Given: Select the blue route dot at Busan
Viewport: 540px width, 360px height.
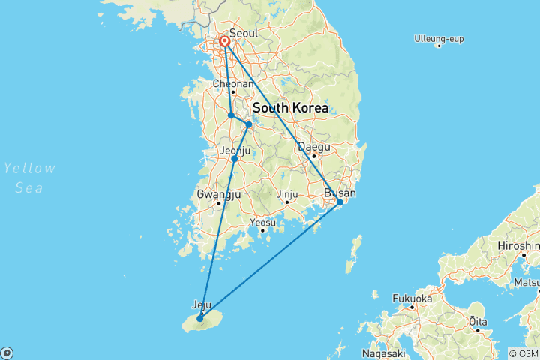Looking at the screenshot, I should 340,202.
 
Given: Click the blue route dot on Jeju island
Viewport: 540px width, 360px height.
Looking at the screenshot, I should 200,319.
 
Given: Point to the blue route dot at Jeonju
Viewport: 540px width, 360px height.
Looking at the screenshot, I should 235,159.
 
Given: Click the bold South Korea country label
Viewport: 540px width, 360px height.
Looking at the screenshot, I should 290,108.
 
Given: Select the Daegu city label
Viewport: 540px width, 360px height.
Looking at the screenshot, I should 313,147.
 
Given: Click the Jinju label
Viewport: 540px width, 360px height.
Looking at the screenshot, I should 287,195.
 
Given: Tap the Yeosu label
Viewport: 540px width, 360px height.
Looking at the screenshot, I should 262,223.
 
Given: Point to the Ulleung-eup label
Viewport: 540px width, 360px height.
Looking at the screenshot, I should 439,37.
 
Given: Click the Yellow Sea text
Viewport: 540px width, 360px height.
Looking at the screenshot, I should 29,178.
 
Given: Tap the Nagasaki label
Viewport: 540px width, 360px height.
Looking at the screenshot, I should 383,352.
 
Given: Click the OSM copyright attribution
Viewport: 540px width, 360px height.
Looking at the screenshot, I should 523,353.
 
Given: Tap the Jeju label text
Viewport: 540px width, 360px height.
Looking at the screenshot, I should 202,304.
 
